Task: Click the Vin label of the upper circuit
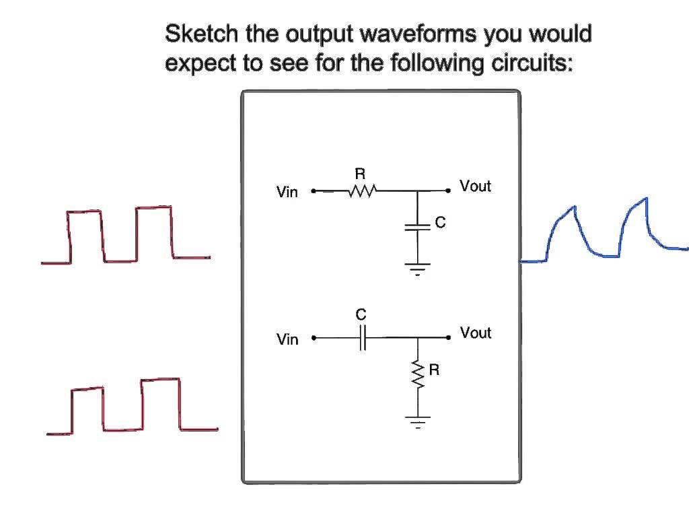287,193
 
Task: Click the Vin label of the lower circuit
287,339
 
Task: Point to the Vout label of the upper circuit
475,186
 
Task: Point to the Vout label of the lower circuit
475,333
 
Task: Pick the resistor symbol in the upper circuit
363,191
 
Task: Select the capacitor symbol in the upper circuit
418,227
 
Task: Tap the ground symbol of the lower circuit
418,422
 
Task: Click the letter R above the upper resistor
360,174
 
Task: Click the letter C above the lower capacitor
361,315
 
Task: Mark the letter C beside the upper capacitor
440,223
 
